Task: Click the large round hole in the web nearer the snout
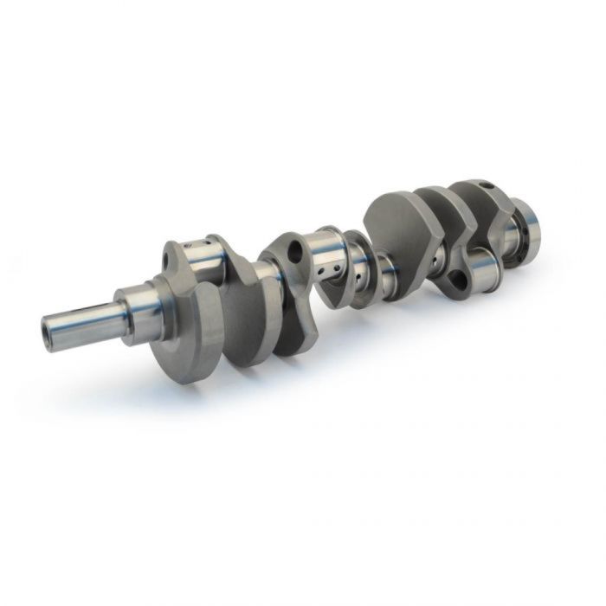tap(297, 253)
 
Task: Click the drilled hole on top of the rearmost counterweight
tap(487, 185)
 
